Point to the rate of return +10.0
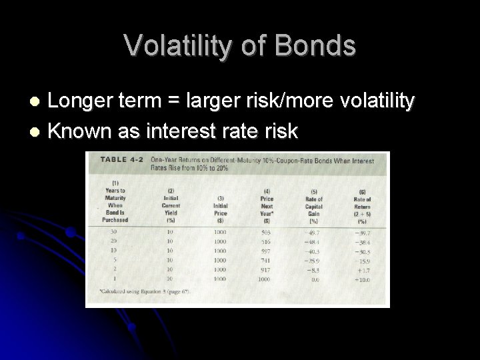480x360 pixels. click(x=361, y=281)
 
